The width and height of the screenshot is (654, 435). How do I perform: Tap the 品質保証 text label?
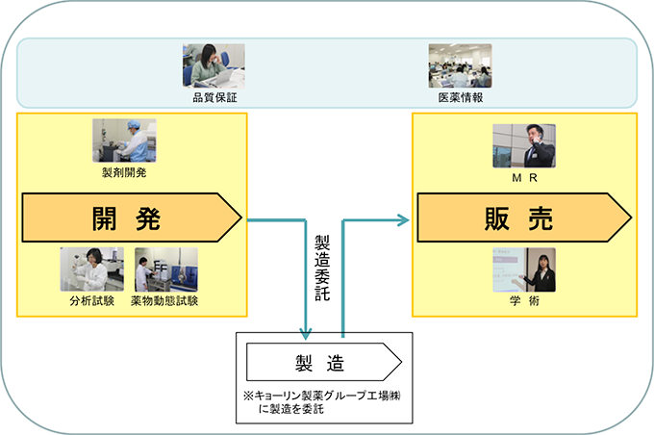(214, 97)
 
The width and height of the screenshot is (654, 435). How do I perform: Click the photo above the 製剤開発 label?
(124, 141)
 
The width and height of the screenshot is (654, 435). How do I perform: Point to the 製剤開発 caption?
(124, 173)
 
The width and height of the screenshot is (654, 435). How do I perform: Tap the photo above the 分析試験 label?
(91, 269)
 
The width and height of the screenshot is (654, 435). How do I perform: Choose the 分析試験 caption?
(89, 301)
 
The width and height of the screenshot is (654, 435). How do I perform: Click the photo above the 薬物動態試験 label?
(166, 269)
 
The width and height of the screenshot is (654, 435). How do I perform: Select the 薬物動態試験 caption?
(165, 301)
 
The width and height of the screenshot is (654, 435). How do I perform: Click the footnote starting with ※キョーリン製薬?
(322, 400)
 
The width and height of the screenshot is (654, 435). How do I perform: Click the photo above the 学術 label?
(524, 270)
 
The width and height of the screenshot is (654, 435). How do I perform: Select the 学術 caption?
(524, 301)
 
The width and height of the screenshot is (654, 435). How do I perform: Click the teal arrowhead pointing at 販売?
(403, 219)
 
